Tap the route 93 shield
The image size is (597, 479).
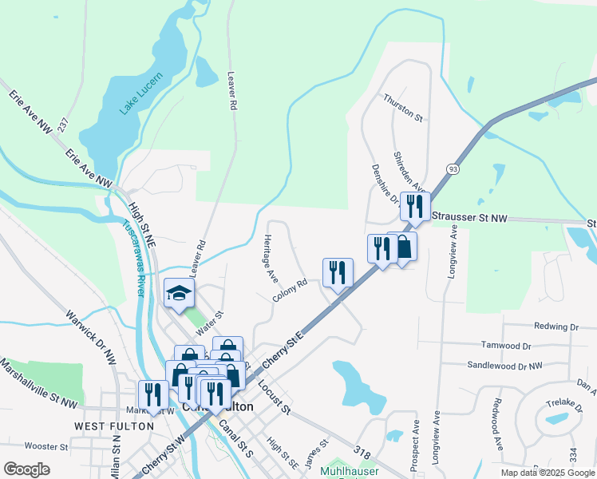453,169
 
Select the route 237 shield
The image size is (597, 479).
63,125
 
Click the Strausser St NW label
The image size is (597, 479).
469,216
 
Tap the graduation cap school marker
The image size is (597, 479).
179,294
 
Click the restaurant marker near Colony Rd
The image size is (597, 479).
338,273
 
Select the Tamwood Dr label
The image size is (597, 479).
506,346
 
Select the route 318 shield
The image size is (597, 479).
363,453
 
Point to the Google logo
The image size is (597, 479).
26,469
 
